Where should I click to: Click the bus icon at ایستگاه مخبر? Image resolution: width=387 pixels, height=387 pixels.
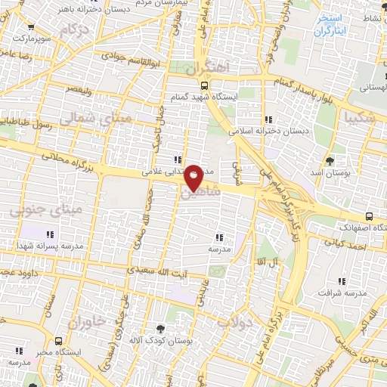click(59, 342)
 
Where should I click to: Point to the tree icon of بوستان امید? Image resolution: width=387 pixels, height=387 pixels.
click(330, 160)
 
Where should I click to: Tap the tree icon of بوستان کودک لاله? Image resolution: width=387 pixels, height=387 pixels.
click(159, 329)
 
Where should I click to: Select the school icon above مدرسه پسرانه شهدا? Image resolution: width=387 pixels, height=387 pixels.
click(50, 234)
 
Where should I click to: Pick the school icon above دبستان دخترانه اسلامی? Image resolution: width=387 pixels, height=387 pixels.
click(268, 119)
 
